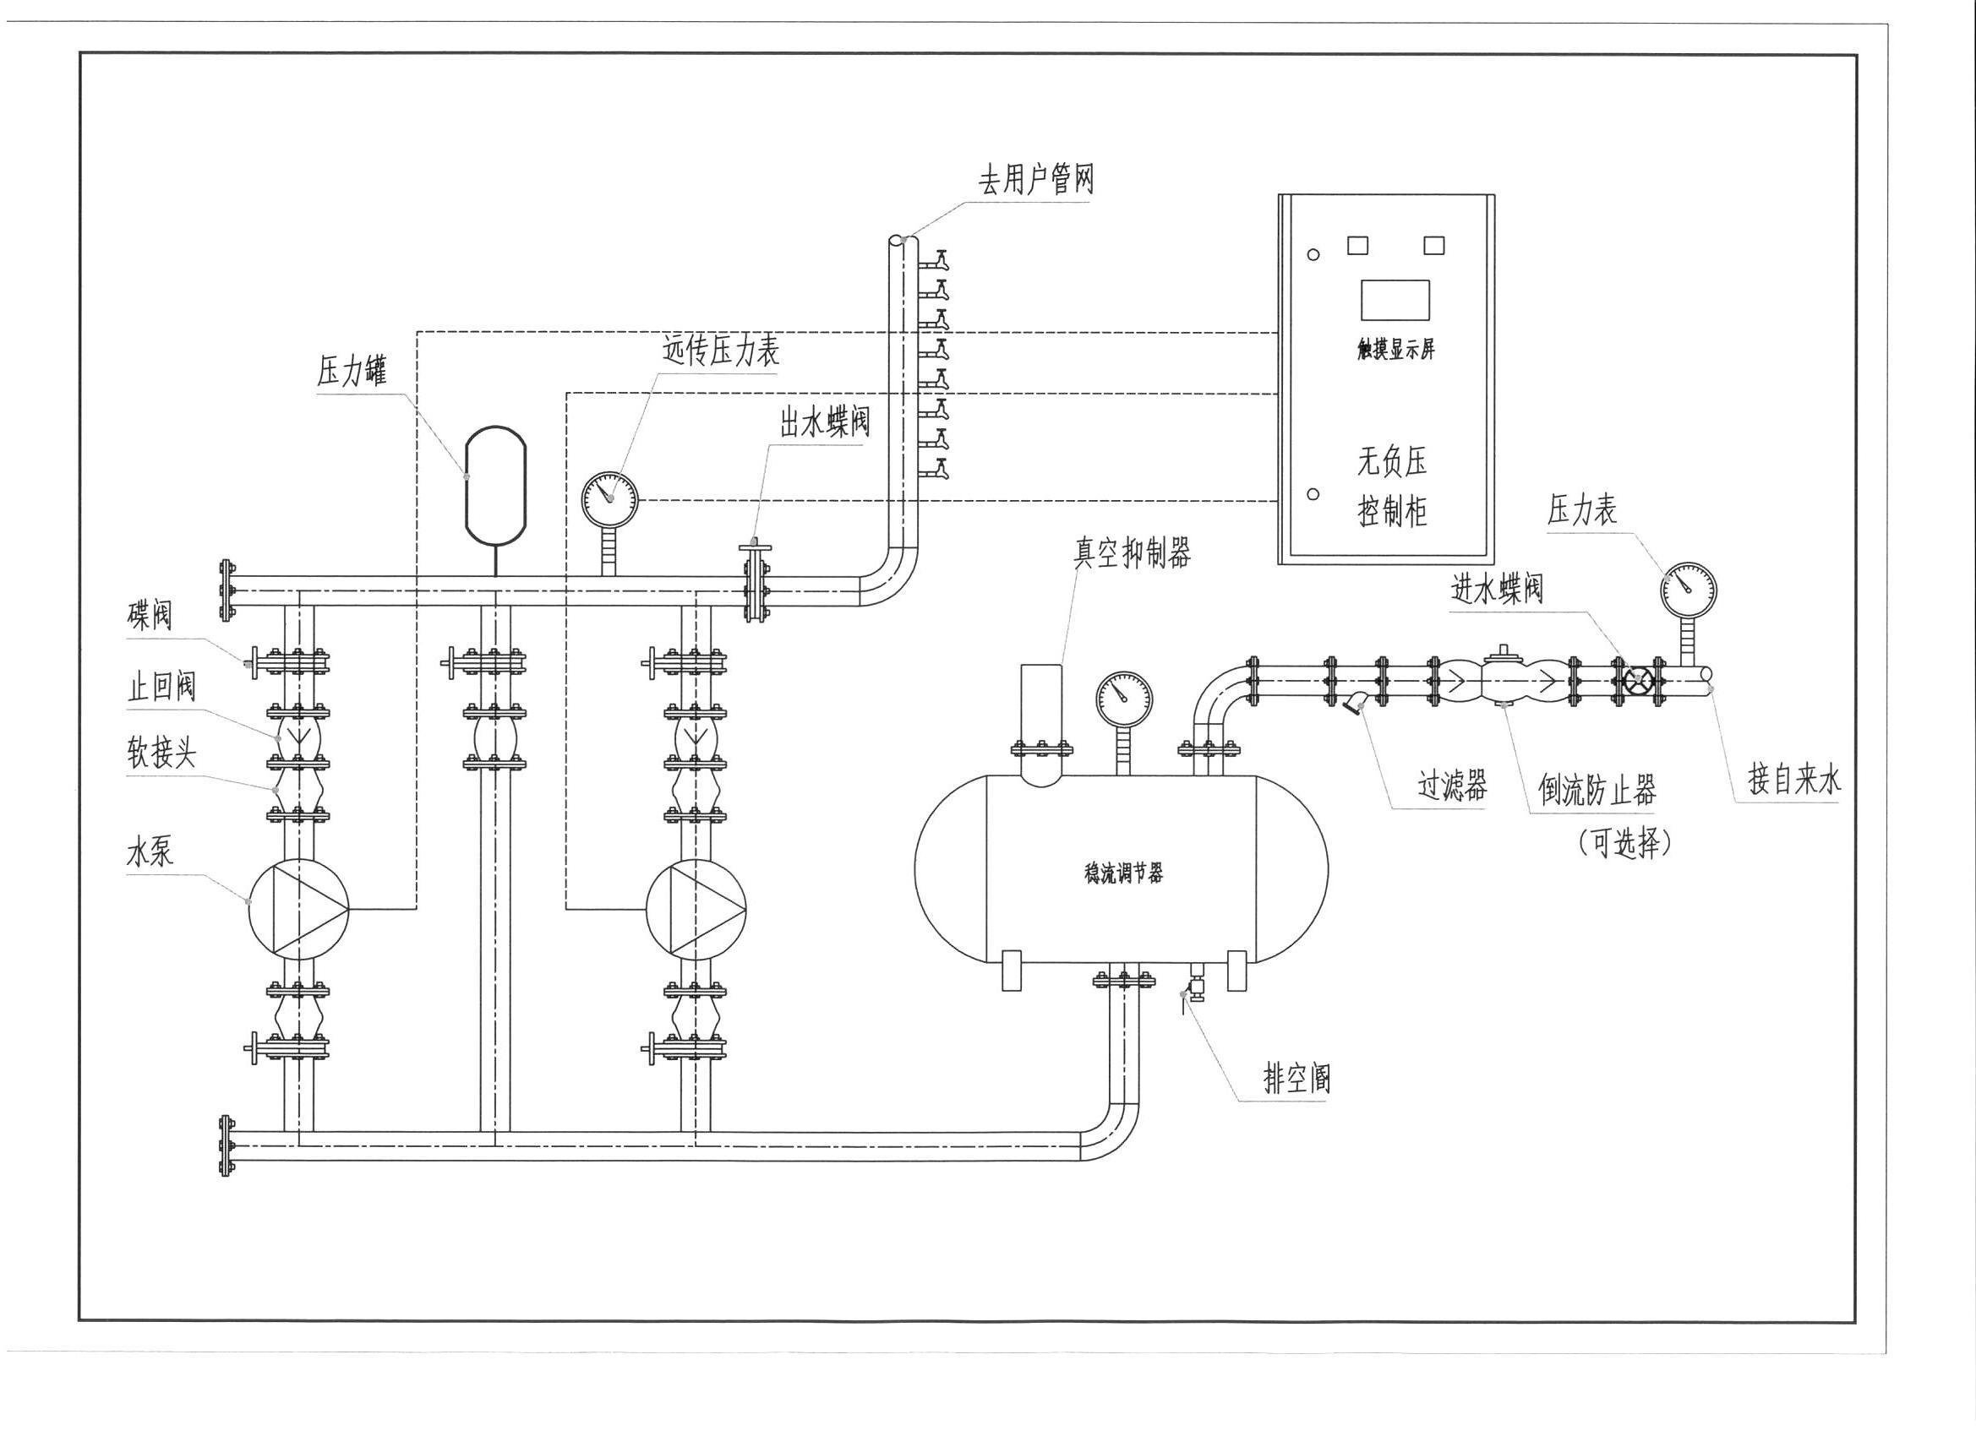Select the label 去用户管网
point(1035,181)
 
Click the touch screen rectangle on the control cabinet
point(1395,301)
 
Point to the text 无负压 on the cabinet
point(1392,461)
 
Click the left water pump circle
point(298,909)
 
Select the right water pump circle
point(696,909)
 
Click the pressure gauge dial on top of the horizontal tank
point(1124,699)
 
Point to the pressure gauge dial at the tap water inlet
point(1689,590)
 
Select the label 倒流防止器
point(1597,791)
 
